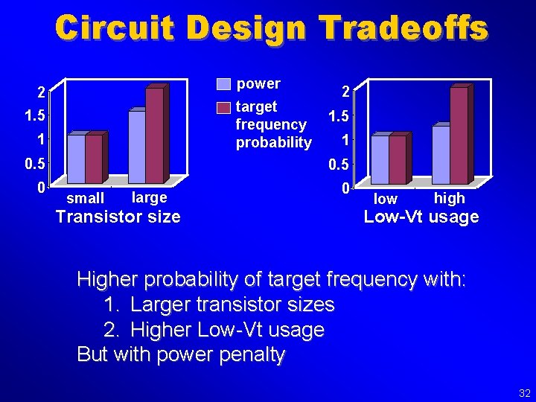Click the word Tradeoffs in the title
click(x=403, y=28)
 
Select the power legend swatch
click(x=223, y=83)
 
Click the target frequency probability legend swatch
click(x=223, y=108)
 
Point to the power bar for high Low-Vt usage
click(x=441, y=154)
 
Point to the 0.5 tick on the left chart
click(x=35, y=163)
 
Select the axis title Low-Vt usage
click(x=421, y=217)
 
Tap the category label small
click(x=85, y=199)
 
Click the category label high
click(x=449, y=198)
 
